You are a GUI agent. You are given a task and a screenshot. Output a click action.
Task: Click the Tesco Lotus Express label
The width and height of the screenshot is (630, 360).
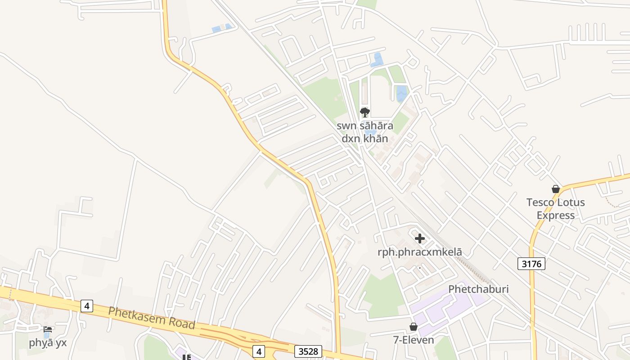[x=556, y=208]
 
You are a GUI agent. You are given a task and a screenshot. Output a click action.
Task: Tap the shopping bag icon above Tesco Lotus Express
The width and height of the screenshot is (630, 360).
[x=556, y=189]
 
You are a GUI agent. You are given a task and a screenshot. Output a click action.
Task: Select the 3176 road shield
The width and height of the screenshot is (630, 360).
[x=531, y=264]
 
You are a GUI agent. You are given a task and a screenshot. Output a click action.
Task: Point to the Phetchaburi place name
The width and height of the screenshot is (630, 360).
[x=478, y=289]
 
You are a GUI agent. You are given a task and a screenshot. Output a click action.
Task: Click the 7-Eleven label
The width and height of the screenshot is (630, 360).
[x=413, y=340]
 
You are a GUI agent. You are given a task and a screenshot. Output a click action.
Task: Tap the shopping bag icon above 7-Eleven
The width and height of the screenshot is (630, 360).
[x=413, y=327]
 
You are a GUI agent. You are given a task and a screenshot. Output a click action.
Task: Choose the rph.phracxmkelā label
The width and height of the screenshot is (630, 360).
[x=420, y=252]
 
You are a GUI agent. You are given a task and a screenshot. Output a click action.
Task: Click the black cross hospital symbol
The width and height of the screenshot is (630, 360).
[x=420, y=238]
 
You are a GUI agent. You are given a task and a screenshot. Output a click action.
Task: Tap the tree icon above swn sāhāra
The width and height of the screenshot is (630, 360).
[x=364, y=112]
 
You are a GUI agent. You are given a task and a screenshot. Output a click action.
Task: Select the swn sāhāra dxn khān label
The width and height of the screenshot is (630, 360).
[x=364, y=132]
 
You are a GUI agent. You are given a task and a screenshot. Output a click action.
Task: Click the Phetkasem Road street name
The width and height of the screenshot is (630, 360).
[x=152, y=317]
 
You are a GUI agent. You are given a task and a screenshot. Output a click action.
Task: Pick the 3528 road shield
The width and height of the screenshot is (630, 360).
[x=308, y=351]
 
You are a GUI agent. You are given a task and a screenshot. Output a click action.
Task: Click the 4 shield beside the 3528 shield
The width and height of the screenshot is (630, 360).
[x=258, y=351]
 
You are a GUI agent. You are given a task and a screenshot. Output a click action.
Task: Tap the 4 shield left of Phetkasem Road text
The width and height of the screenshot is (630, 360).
[x=87, y=306]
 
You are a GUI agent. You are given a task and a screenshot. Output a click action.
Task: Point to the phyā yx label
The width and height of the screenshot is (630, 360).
[x=48, y=342]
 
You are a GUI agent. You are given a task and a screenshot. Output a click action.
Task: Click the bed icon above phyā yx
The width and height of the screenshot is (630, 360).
[x=48, y=329]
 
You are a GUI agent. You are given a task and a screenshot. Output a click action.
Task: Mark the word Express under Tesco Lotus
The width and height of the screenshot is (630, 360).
[x=556, y=215]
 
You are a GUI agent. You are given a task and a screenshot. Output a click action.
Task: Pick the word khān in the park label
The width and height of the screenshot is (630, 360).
[x=377, y=138]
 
